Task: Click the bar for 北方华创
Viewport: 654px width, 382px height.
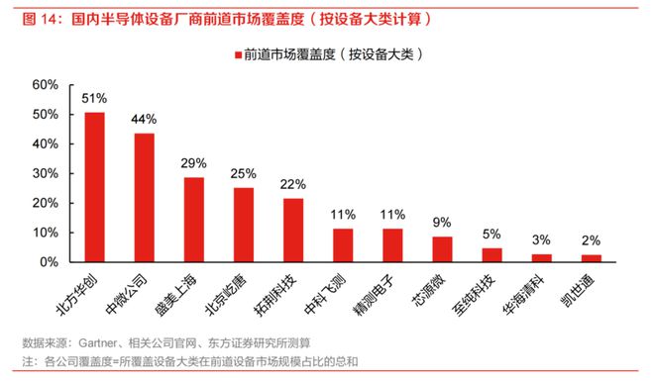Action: click(95, 187)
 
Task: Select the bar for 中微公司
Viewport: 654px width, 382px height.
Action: click(145, 198)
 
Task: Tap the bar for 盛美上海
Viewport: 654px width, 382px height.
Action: click(194, 220)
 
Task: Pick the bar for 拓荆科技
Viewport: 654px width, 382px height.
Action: click(293, 231)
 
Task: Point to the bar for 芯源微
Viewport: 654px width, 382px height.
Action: click(443, 249)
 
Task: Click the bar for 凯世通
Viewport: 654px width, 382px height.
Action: click(592, 258)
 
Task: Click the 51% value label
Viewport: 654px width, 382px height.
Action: click(95, 99)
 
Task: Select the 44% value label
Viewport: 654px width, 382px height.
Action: click(145, 120)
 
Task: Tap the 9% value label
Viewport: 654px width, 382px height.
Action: click(443, 223)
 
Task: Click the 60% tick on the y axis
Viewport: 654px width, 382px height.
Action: click(47, 85)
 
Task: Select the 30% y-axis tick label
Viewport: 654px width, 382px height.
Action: click(47, 174)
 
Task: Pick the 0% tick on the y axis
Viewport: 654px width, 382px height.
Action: click(51, 263)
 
